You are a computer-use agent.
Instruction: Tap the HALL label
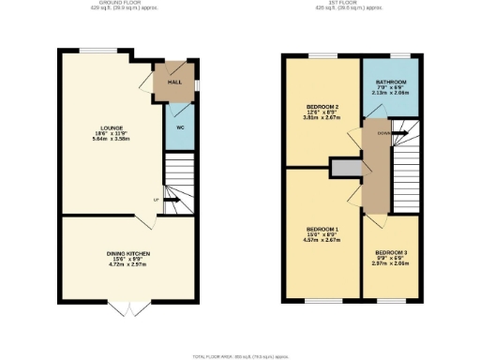click(x=174, y=82)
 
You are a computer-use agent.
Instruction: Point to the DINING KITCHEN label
click(x=127, y=254)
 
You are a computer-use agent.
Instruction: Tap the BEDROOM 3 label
click(x=391, y=252)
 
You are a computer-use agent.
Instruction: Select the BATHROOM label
click(x=391, y=82)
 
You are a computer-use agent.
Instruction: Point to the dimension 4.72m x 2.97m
click(x=127, y=266)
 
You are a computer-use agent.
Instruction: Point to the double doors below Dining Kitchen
click(x=127, y=307)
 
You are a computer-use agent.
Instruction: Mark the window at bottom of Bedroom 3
click(x=391, y=301)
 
